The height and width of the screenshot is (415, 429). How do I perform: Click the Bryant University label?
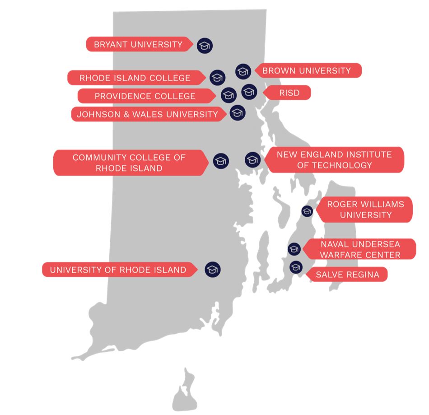(138, 44)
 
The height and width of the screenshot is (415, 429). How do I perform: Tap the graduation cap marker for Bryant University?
(205, 45)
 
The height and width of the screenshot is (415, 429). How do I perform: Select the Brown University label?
(306, 70)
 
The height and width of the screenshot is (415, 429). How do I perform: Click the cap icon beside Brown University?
(243, 71)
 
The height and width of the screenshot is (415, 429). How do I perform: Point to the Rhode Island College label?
(135, 78)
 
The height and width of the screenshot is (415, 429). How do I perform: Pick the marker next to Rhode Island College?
(217, 77)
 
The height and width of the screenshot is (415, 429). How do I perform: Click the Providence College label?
(145, 96)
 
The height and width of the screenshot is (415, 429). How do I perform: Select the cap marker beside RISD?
(249, 92)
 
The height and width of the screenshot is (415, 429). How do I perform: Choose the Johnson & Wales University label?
(147, 114)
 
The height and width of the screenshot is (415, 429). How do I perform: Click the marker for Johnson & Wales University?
(238, 113)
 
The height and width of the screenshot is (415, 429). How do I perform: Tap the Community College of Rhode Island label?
(129, 163)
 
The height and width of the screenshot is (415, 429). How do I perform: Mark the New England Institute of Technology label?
(334, 159)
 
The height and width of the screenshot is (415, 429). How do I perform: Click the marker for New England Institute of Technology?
(252, 159)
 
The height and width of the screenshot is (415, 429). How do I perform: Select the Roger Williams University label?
(365, 210)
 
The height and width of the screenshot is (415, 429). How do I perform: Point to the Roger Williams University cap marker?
(307, 211)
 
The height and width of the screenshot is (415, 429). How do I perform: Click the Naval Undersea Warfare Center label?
(360, 249)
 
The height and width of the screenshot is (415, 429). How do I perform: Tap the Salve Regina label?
(347, 274)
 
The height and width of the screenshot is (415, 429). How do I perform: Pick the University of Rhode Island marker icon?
(212, 269)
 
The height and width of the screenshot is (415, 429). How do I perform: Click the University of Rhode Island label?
(118, 270)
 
